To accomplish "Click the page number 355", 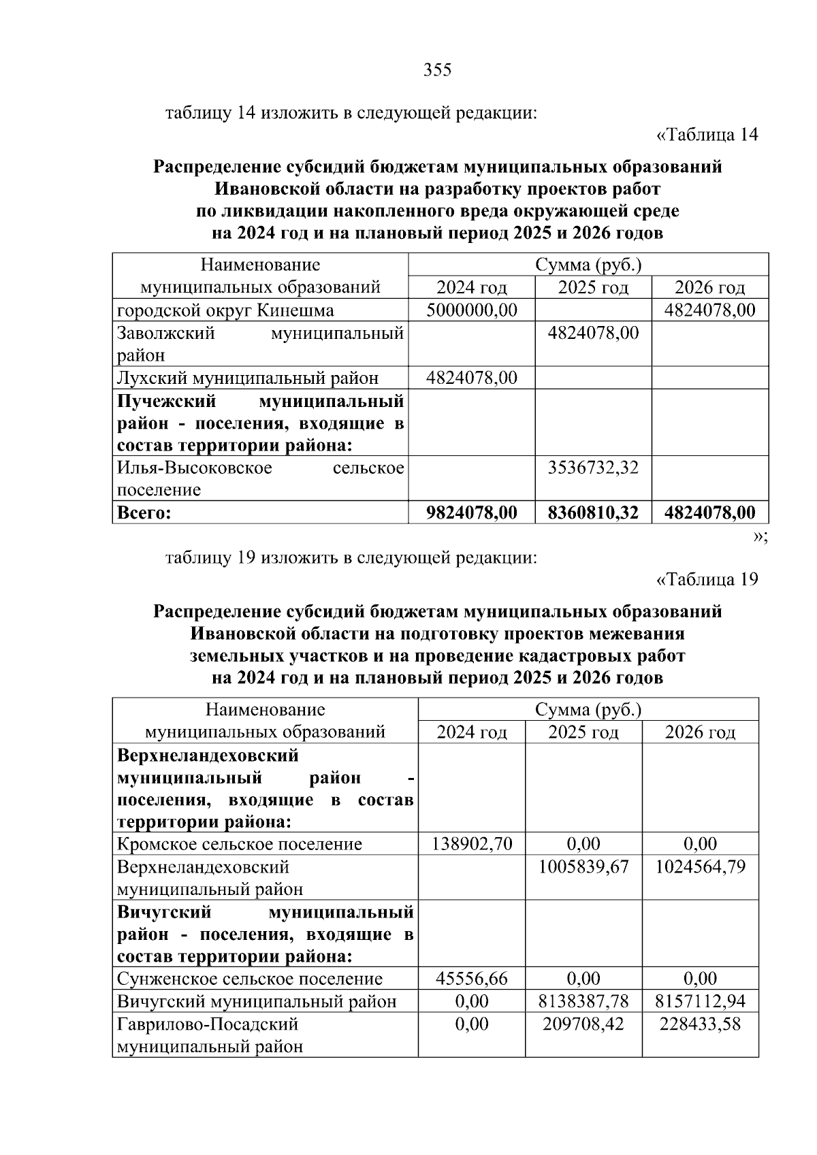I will coord(437,70).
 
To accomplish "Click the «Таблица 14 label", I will coord(707,135).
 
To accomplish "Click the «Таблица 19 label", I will coord(707,579).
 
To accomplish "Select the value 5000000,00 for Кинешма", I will coord(472,310).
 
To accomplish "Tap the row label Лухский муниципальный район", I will coord(248,378).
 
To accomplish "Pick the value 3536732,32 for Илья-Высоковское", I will coord(594,468).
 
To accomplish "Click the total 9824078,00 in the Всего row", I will coord(472,512).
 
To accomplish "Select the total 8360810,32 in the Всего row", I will coord(594,512).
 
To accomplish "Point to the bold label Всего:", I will coord(144,513).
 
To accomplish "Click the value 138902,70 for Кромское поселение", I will coord(472,844).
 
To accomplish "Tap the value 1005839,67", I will coord(584,866).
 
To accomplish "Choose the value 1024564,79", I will coord(701,866).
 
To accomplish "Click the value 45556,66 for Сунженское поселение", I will coord(472,979).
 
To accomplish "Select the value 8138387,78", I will coord(584,1001).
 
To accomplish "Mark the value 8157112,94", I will coord(701,1001).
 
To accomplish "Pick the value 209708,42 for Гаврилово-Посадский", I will coord(584,1024).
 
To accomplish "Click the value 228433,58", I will coord(701,1024).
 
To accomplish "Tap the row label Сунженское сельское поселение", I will coord(250,979).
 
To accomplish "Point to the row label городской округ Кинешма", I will coord(225,310).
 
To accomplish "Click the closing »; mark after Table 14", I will coord(760,536).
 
